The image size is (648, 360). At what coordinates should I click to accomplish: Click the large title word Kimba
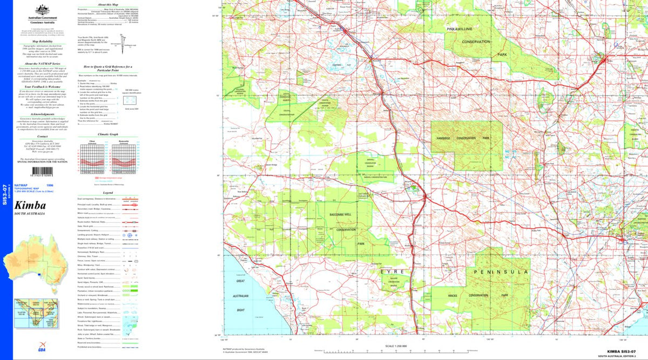[x=30, y=206]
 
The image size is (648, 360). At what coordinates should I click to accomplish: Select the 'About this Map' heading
[x=102, y=4]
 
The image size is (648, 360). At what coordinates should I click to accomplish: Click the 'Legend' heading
[x=107, y=193]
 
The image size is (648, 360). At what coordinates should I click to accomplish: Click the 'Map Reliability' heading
[x=42, y=41]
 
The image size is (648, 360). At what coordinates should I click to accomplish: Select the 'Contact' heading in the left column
[x=42, y=137]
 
